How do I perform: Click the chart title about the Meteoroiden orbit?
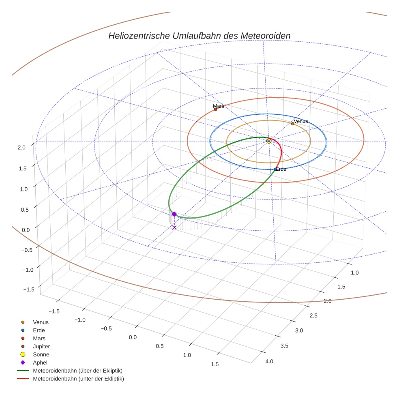click(x=199, y=36)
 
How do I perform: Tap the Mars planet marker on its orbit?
click(x=215, y=109)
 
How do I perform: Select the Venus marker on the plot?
click(x=292, y=124)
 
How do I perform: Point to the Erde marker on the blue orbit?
click(x=275, y=169)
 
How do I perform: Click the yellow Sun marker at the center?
click(x=269, y=141)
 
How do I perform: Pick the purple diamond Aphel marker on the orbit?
click(x=174, y=214)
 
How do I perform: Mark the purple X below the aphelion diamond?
click(x=174, y=227)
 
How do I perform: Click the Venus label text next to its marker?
click(x=301, y=121)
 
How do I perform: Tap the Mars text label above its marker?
click(x=219, y=106)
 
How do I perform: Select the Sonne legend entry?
click(x=41, y=354)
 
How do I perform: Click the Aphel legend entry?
click(x=40, y=363)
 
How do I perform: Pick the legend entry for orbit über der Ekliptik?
click(x=77, y=371)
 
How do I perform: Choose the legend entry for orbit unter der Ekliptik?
click(x=78, y=379)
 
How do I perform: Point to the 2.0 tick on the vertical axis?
click(x=21, y=148)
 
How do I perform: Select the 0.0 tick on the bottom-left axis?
click(x=133, y=337)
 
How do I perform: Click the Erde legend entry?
click(x=39, y=330)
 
